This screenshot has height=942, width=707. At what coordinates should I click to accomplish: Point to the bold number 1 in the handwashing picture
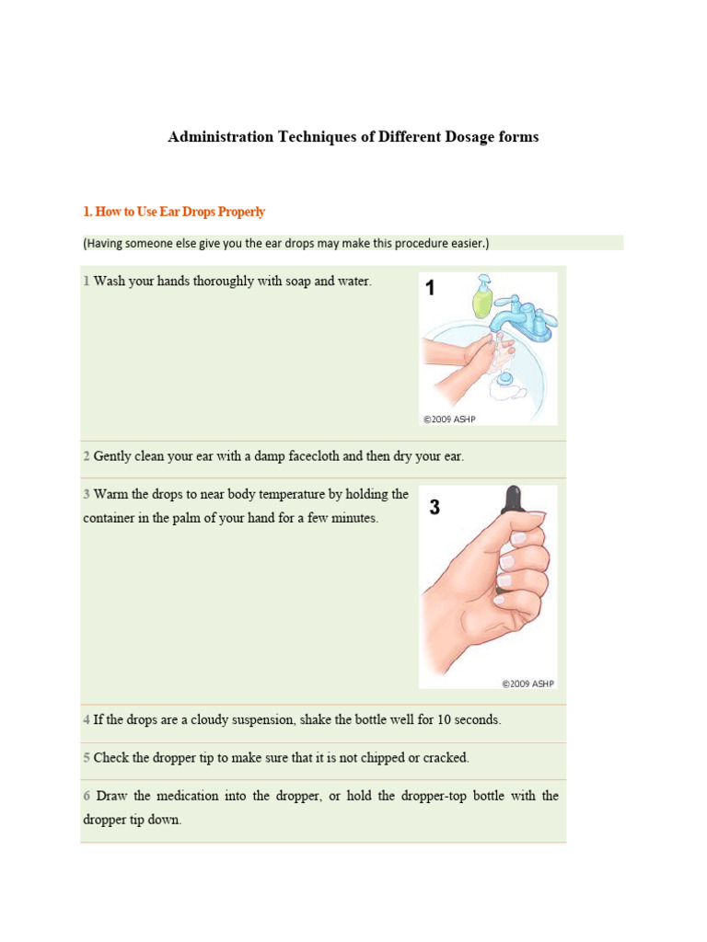(x=429, y=290)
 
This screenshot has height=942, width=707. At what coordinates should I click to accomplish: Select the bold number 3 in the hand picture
(x=435, y=507)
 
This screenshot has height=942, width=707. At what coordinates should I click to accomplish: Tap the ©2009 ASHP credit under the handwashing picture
(x=449, y=419)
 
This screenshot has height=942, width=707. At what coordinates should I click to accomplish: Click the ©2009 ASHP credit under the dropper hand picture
(x=528, y=684)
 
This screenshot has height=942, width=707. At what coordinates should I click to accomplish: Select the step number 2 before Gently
(x=87, y=456)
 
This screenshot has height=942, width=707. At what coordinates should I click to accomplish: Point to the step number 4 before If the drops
(x=87, y=720)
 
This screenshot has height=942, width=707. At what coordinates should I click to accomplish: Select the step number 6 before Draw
(x=87, y=796)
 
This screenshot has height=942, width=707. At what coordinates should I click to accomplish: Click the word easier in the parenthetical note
(x=464, y=243)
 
